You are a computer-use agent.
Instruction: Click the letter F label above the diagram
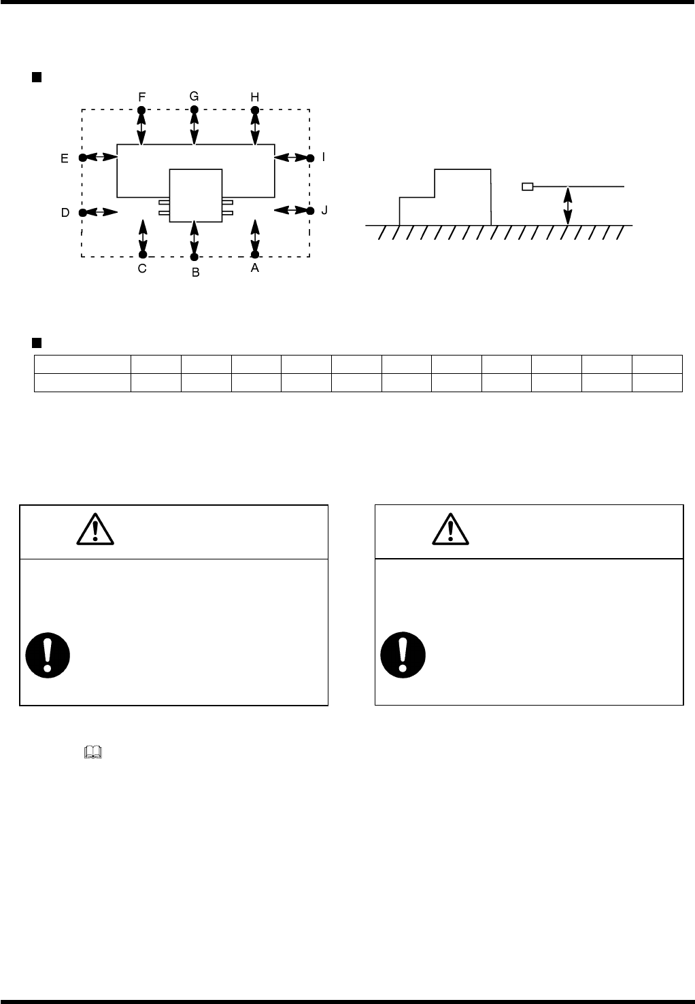click(141, 97)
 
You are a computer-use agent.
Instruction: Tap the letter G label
click(194, 96)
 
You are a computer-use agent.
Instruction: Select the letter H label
click(255, 97)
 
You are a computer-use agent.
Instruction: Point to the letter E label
click(65, 158)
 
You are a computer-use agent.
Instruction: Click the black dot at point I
click(310, 158)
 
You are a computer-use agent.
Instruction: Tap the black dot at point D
click(82, 212)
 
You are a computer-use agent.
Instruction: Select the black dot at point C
click(142, 256)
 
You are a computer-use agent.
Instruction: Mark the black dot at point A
click(255, 256)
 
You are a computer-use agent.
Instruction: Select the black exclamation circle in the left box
click(48, 656)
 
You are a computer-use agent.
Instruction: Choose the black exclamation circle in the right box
click(403, 656)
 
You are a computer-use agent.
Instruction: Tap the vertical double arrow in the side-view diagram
click(568, 205)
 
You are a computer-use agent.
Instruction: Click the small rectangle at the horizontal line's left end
click(527, 186)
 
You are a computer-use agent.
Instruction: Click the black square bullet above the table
click(38, 341)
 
